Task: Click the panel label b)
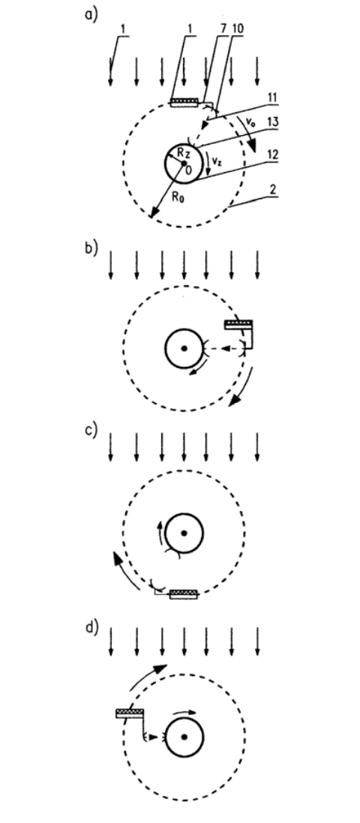(91, 248)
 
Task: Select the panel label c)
(91, 430)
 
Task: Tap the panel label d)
(91, 628)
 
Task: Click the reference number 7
(223, 29)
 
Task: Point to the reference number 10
(238, 29)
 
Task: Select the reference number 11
(272, 98)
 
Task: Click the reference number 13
(272, 122)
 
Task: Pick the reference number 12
(272, 155)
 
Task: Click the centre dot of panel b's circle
(184, 348)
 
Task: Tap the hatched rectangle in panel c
(184, 595)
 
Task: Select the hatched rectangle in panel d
(130, 713)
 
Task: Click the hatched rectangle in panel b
(238, 324)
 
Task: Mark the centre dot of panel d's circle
(184, 737)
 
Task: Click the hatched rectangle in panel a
(184, 102)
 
